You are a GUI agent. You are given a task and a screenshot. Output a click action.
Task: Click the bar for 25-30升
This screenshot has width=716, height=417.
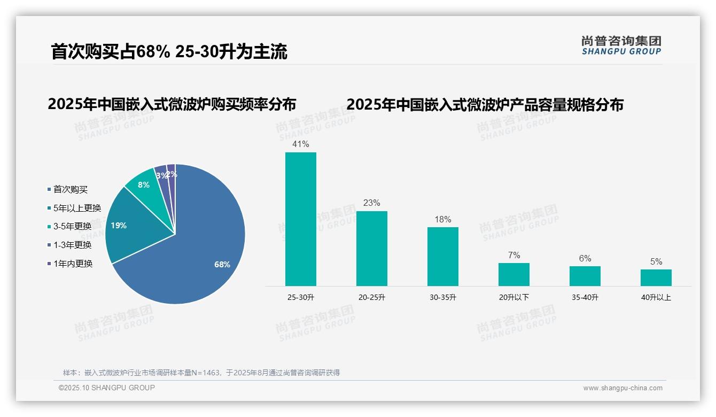(300, 219)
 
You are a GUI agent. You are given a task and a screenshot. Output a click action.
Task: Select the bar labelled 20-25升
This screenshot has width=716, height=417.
(371, 249)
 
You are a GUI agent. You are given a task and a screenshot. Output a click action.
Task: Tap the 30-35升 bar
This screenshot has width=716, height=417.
(442, 257)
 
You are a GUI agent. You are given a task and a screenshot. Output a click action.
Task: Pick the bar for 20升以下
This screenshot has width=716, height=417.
(513, 274)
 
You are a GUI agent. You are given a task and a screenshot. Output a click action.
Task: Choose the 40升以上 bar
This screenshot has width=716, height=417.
(656, 277)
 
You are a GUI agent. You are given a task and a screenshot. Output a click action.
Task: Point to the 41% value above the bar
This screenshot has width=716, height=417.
(300, 144)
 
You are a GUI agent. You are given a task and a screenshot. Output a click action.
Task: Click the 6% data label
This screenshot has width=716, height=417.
(585, 259)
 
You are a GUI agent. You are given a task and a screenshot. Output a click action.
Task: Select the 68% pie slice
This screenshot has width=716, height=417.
(203, 251)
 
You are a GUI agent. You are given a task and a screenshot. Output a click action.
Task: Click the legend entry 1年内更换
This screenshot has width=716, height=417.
(73, 264)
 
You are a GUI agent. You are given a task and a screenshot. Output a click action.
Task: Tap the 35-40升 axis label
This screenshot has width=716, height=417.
(585, 297)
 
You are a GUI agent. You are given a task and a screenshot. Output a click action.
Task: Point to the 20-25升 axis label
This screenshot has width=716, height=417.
(371, 297)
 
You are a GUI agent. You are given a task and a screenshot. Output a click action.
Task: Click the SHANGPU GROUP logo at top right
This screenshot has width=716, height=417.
(621, 45)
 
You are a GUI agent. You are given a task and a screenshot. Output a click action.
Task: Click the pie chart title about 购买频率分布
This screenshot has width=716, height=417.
(172, 104)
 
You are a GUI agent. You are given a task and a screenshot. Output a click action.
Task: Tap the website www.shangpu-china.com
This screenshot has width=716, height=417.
(622, 388)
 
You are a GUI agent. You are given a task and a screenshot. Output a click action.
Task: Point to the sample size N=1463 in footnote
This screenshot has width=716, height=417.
(206, 373)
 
